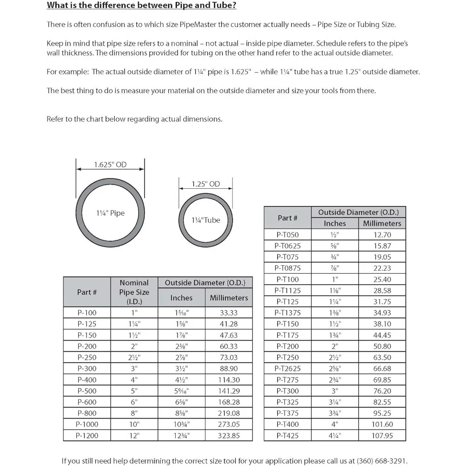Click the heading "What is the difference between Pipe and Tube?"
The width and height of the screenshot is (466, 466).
click(142, 6)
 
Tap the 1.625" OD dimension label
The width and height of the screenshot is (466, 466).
click(110, 164)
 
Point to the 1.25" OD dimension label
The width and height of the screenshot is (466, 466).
click(206, 184)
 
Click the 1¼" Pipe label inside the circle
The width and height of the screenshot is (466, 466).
click(110, 213)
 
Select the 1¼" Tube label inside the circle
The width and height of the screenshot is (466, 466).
click(206, 220)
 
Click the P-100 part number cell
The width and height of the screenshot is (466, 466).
click(87, 313)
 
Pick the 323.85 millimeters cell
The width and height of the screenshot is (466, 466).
click(229, 436)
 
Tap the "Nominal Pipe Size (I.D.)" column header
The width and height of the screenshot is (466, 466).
click(134, 292)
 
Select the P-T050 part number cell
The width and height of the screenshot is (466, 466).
click(288, 235)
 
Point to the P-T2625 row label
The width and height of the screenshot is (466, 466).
click(288, 369)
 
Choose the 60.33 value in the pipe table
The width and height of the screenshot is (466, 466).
click(229, 346)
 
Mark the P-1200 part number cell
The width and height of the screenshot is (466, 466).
click(87, 436)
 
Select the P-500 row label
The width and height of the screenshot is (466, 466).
click(87, 391)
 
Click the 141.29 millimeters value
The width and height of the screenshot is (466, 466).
click(229, 391)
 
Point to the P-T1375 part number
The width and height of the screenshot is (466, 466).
click(288, 313)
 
